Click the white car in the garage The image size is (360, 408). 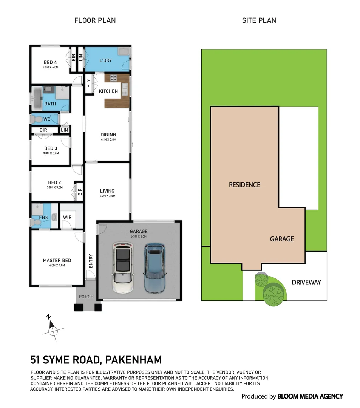123,267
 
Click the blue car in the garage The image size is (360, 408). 155,267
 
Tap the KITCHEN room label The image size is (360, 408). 108,91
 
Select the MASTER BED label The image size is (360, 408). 57,260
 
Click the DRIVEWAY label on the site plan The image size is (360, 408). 306,282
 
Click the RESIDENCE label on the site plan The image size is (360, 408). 244,185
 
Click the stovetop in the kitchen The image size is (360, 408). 113,77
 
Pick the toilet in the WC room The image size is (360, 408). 37,119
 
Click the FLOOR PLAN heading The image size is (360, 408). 95,20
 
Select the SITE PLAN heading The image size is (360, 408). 259,20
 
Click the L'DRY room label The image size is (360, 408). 106,60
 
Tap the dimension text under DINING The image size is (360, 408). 108,139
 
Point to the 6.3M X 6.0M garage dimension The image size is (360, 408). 139,236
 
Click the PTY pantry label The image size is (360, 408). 88,83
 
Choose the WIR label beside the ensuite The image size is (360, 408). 67,217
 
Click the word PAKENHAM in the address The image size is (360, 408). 133,360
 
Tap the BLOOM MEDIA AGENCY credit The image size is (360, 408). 310,396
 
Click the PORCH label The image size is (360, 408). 86,297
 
